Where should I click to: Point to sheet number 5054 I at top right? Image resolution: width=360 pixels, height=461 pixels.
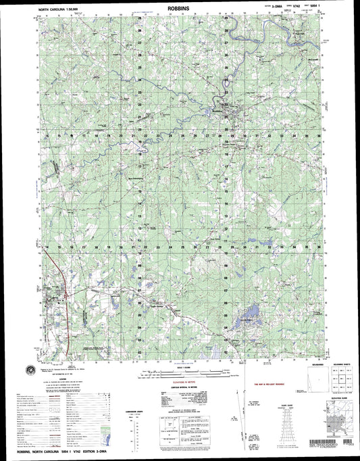[311, 9]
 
